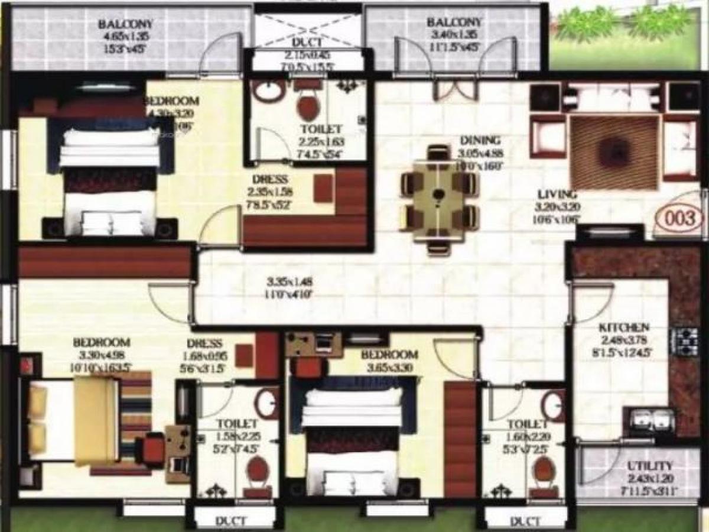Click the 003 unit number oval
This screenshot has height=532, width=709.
(680, 218)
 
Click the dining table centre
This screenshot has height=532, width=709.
(438, 194)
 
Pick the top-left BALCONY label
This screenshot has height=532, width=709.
(126, 24)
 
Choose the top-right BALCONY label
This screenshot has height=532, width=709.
(454, 22)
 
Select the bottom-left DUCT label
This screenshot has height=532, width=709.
(230, 521)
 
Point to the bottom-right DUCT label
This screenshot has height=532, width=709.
(525, 521)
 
